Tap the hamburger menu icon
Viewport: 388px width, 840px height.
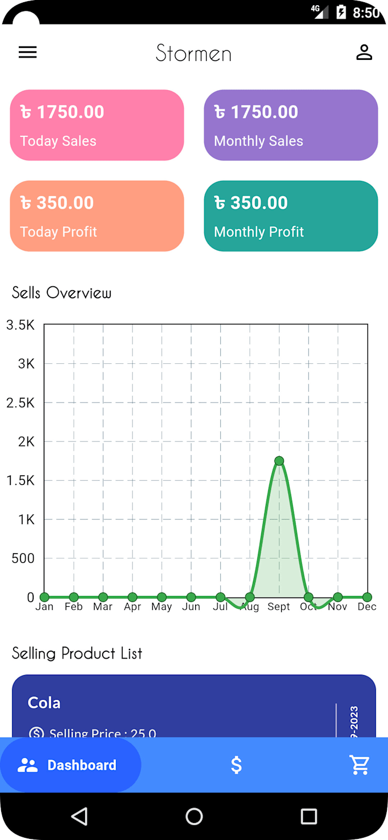[27, 52]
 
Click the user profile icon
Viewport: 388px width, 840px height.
[364, 52]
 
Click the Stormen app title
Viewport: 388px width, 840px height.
[194, 54]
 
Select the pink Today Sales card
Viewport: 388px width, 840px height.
[97, 125]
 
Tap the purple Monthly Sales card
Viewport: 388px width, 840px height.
[291, 125]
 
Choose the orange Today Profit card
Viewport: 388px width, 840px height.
[97, 216]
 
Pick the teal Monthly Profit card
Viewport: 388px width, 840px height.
[291, 216]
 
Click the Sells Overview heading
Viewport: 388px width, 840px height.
[62, 293]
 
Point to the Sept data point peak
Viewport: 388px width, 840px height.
[279, 461]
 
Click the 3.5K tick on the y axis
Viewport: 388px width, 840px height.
[21, 325]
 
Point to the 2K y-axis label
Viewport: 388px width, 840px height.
[26, 442]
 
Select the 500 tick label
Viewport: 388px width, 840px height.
[23, 558]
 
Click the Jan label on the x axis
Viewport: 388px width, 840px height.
[45, 607]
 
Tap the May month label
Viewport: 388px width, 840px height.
[161, 607]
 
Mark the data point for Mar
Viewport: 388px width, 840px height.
[103, 597]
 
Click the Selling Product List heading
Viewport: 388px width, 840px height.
[77, 654]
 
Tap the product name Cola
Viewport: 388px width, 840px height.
[44, 703]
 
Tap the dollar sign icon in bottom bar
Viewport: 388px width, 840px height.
[236, 765]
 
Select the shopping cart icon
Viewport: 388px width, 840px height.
[360, 765]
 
